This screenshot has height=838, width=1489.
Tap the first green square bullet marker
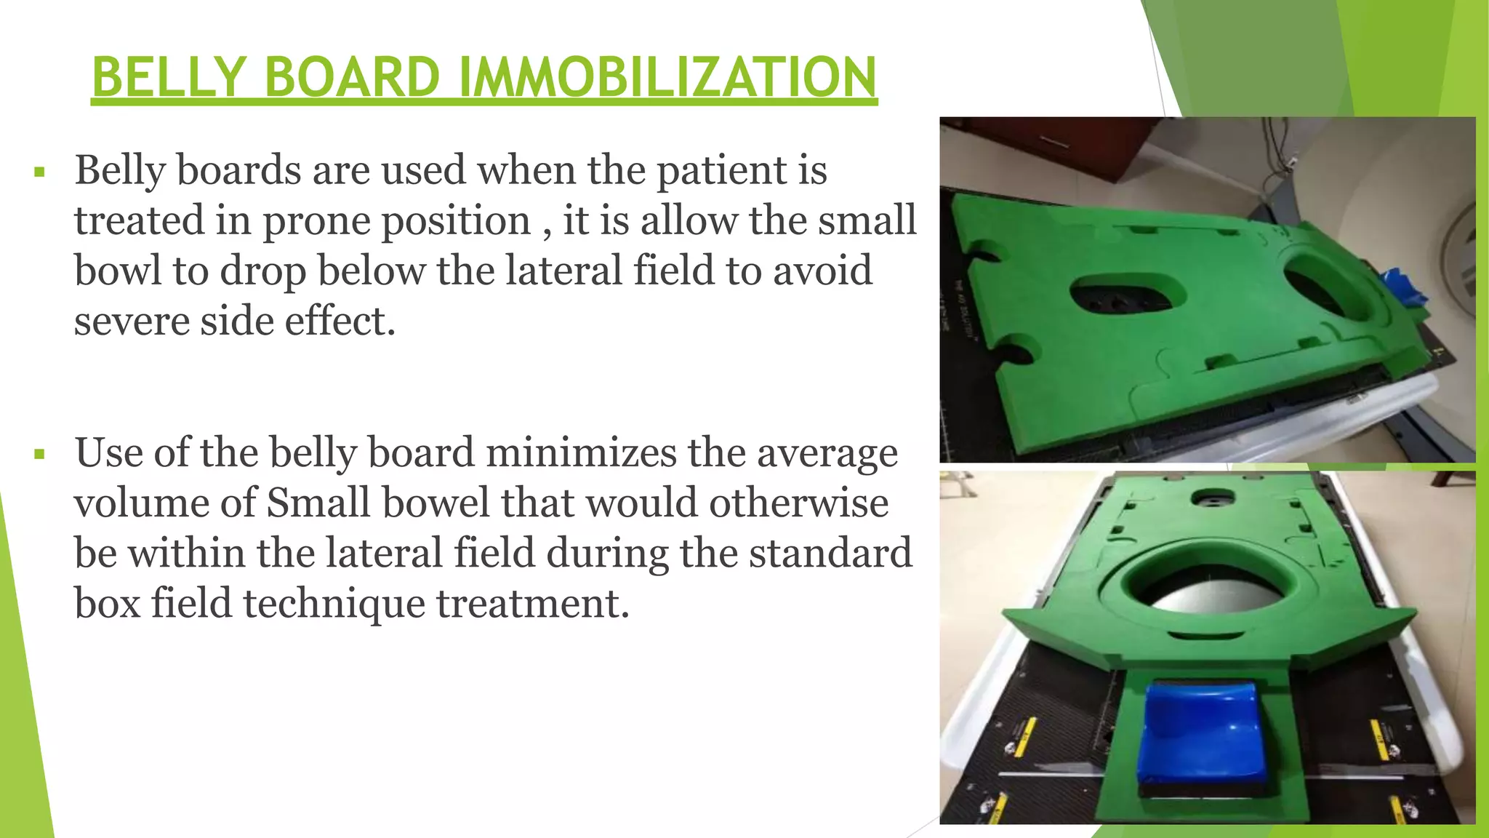[x=39, y=173]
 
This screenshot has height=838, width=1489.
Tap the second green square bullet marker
[x=39, y=455]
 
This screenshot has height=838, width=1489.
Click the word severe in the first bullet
[x=131, y=321]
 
